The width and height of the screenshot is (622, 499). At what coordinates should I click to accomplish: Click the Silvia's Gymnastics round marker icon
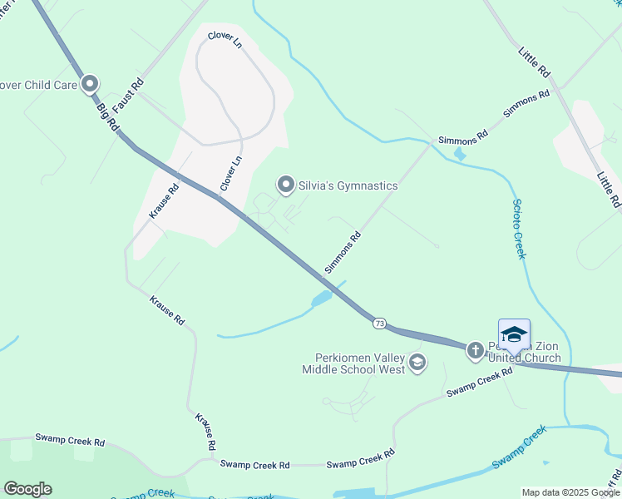pyautogui.click(x=286, y=185)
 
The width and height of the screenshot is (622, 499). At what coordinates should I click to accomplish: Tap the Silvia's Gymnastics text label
pyautogui.click(x=348, y=185)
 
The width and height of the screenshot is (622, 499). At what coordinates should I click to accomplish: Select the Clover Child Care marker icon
pyautogui.click(x=90, y=84)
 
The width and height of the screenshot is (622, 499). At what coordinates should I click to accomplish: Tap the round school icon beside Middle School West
pyautogui.click(x=417, y=363)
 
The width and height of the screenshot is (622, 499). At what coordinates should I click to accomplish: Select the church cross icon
pyautogui.click(x=476, y=350)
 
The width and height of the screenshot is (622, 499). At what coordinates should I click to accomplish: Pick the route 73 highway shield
pyautogui.click(x=379, y=323)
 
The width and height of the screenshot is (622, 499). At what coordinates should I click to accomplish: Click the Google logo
pyautogui.click(x=28, y=489)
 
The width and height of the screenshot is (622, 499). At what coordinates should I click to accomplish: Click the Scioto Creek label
pyautogui.click(x=520, y=229)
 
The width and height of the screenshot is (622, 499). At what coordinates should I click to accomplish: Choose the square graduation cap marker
pyautogui.click(x=514, y=334)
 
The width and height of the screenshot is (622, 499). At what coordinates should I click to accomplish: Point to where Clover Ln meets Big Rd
pyautogui.click(x=219, y=197)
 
